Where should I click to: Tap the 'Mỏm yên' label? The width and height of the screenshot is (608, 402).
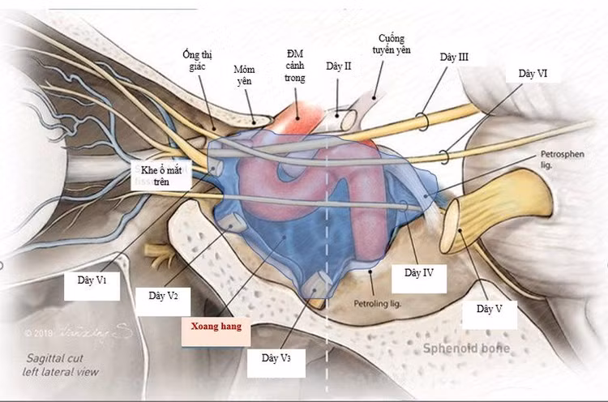(244, 76)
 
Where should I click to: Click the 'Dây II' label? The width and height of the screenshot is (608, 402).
(338, 66)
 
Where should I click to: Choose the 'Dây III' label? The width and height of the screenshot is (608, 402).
(454, 58)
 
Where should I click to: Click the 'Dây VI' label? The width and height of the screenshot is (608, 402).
(532, 73)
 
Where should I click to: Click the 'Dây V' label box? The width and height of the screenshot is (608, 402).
(489, 309)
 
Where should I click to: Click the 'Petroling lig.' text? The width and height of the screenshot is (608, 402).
(379, 305)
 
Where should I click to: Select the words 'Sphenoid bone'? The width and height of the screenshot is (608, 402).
(464, 349)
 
